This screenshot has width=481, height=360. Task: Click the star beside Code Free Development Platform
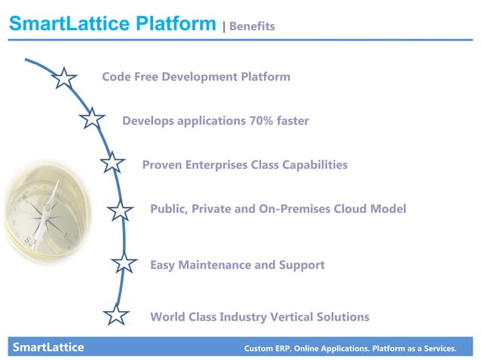tap(66, 78)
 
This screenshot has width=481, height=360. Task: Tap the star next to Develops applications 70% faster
tap(91, 118)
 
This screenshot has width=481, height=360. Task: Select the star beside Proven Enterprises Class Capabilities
tap(112, 163)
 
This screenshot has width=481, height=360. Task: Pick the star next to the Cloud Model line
tap(120, 211)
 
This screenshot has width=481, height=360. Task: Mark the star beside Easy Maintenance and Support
tap(124, 263)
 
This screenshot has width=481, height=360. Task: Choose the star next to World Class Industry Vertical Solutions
tap(116, 315)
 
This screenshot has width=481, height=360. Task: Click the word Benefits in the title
tap(252, 26)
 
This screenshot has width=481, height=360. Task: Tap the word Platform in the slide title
tap(171, 24)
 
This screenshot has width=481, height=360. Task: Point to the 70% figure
tap(261, 121)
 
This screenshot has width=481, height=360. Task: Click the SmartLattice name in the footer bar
tap(47, 347)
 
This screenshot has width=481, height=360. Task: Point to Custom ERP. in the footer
tap(268, 349)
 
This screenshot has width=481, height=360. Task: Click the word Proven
tap(162, 165)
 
